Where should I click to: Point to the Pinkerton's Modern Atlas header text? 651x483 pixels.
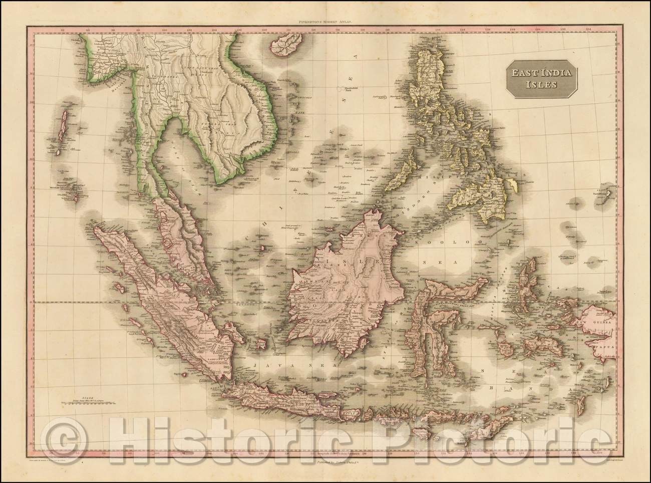tap(325, 22)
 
